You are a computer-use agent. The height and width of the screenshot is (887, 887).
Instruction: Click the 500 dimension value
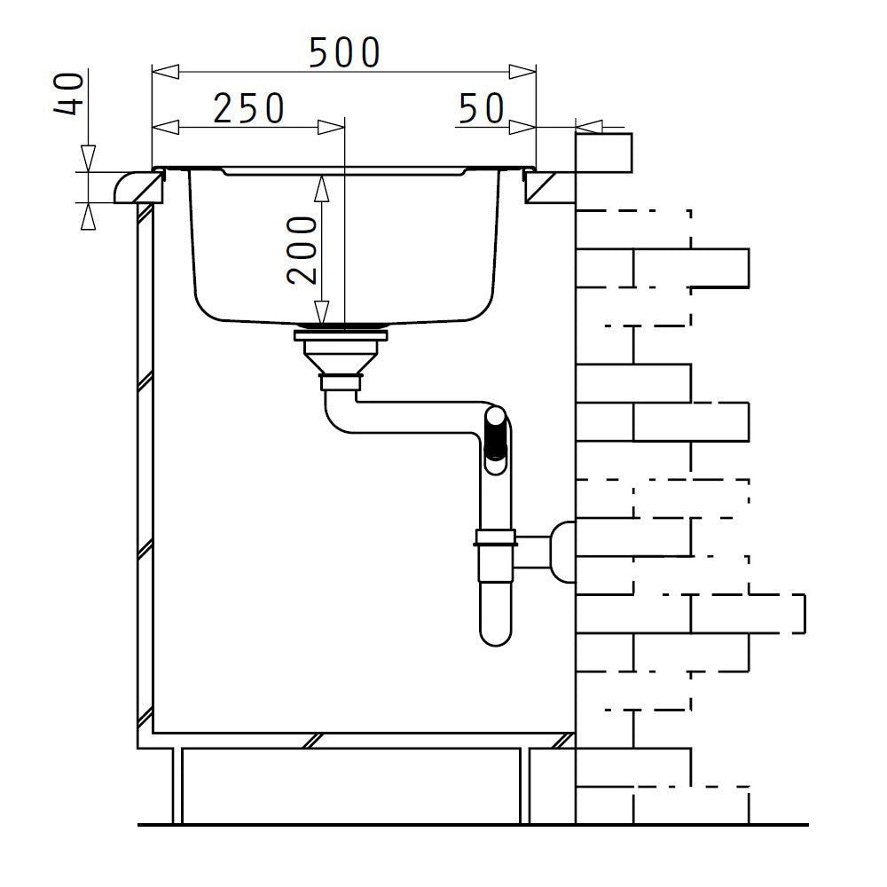(x=344, y=53)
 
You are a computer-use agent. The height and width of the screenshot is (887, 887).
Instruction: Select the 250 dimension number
(x=248, y=108)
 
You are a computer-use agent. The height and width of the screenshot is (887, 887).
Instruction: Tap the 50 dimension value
(x=481, y=108)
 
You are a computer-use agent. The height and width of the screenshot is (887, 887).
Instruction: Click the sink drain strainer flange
(x=341, y=334)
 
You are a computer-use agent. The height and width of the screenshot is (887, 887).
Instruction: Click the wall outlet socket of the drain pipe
(x=561, y=550)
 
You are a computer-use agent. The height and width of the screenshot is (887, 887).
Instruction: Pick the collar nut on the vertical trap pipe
(x=495, y=537)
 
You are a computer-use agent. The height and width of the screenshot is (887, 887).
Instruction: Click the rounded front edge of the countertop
(x=126, y=187)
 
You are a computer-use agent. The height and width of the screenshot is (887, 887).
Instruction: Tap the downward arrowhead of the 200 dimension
(x=322, y=312)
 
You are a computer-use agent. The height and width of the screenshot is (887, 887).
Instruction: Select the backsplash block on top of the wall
(x=603, y=152)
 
